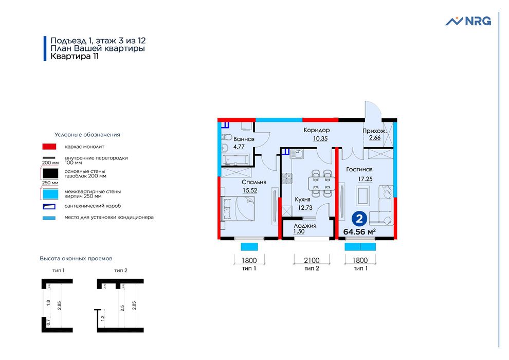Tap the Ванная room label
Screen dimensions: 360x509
click(244, 139)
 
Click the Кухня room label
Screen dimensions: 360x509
click(302, 200)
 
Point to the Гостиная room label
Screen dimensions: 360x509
click(359, 169)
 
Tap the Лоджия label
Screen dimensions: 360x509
click(304, 226)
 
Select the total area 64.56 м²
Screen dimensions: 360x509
click(359, 231)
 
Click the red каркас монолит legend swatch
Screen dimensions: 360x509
click(49, 147)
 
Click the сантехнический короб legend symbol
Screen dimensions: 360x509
click(49, 206)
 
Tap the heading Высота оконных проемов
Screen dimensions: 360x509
click(76, 258)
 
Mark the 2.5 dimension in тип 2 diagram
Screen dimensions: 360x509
click(122, 309)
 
